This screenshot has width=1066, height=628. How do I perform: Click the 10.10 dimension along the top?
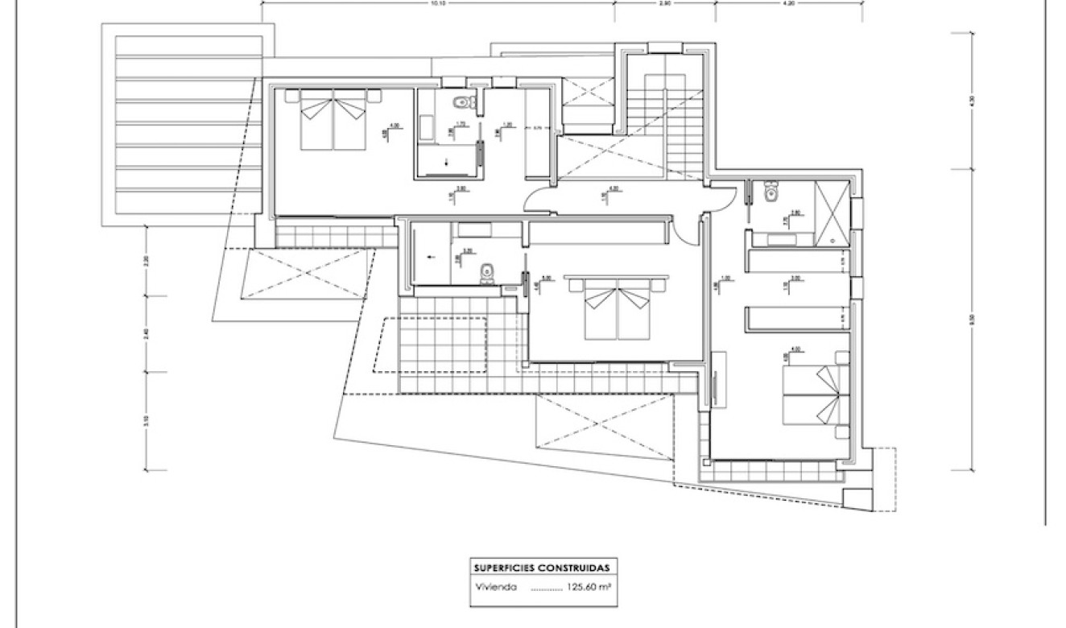[437, 3]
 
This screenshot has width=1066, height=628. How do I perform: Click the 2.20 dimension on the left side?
[146, 261]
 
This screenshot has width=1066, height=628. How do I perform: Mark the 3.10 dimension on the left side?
[146, 420]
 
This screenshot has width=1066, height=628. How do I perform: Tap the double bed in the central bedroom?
[616, 310]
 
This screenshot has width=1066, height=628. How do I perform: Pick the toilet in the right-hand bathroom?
[771, 193]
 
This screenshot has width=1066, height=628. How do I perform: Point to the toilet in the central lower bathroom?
[486, 275]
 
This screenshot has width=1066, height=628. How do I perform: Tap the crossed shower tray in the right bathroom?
[831, 213]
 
